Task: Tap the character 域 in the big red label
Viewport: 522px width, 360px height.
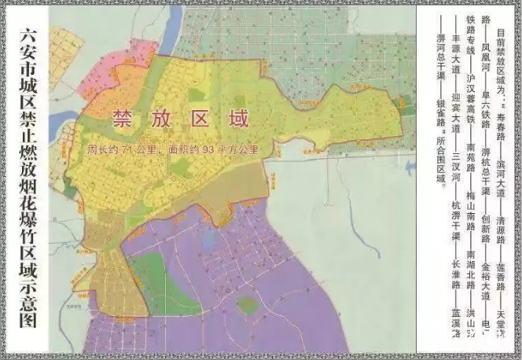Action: click(239, 120)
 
